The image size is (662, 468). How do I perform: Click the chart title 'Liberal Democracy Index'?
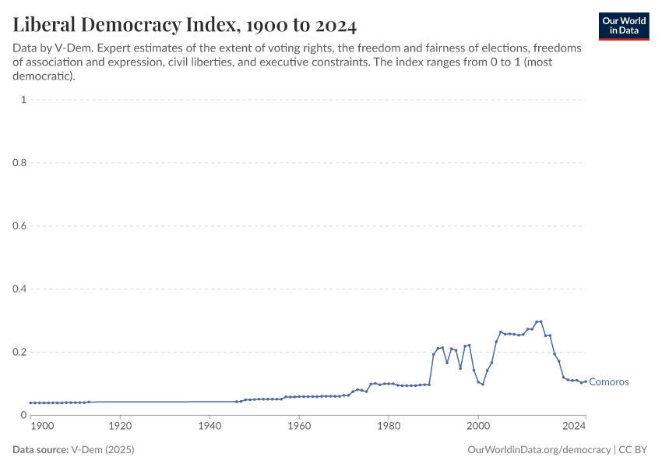point(185,26)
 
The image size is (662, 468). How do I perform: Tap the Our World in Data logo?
point(624,26)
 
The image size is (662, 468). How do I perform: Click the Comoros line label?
point(608,382)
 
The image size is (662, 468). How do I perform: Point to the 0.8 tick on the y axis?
point(20,163)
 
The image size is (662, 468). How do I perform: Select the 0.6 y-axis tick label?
point(20,226)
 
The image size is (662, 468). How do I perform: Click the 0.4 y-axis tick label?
point(20,289)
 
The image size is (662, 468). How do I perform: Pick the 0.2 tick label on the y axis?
point(20,352)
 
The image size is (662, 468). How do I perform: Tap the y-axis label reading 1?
point(24,100)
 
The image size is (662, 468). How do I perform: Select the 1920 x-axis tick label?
point(120,426)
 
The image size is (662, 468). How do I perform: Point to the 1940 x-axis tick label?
point(210,426)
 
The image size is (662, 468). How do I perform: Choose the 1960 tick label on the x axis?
point(299,426)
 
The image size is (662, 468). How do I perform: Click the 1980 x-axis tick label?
point(389,426)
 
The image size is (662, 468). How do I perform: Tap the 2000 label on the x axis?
point(478,426)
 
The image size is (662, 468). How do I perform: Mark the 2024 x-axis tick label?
point(574,426)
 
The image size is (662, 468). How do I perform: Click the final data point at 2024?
point(585,381)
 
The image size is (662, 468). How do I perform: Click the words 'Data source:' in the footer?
point(40,450)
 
